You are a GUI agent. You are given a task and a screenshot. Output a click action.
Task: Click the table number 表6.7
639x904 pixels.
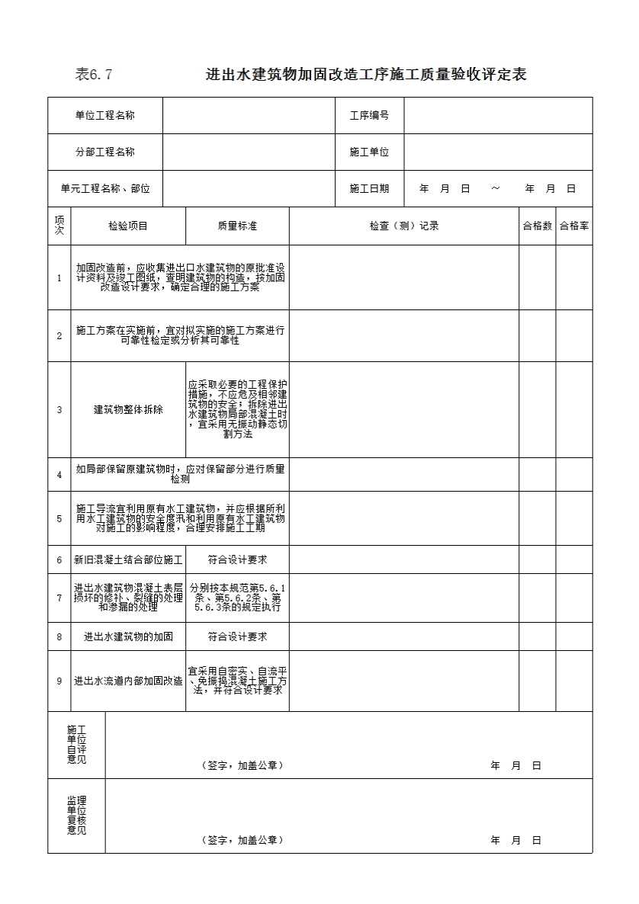point(94,75)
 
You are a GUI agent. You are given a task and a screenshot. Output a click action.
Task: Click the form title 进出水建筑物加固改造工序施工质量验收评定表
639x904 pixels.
point(366,75)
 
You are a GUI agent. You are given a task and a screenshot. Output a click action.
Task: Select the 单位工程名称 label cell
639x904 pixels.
point(105,115)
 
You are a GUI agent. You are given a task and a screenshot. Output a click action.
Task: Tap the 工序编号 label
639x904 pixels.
point(369,115)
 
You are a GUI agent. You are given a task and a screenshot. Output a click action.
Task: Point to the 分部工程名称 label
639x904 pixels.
point(105,152)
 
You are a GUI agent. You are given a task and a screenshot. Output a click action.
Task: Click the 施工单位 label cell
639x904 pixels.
point(369,152)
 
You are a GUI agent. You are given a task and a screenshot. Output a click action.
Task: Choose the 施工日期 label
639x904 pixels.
point(369,188)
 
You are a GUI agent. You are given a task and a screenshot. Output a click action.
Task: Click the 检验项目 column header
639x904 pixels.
point(128,226)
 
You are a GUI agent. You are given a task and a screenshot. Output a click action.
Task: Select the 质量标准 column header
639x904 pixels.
point(237,226)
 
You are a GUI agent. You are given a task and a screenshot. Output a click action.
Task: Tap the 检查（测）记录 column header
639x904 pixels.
point(404,226)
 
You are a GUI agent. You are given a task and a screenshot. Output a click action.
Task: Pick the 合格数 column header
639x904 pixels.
point(537,226)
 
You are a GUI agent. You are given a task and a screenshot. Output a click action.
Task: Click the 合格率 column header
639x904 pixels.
point(573,226)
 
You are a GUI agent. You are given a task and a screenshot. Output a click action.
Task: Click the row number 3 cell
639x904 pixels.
point(59,409)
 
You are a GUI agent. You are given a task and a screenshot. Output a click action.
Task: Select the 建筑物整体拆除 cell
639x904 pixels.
point(128,409)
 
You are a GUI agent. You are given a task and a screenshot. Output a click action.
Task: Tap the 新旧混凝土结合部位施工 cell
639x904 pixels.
point(128,559)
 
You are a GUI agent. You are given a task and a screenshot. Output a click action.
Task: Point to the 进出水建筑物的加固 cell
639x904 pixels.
point(128,636)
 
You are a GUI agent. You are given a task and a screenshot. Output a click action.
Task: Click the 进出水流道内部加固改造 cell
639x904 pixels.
point(128,681)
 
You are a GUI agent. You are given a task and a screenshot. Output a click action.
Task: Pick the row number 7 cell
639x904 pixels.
point(59,598)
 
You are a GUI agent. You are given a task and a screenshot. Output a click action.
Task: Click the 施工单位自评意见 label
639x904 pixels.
point(76,745)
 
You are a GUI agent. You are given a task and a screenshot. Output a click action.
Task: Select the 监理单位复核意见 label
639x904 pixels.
point(76,815)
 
